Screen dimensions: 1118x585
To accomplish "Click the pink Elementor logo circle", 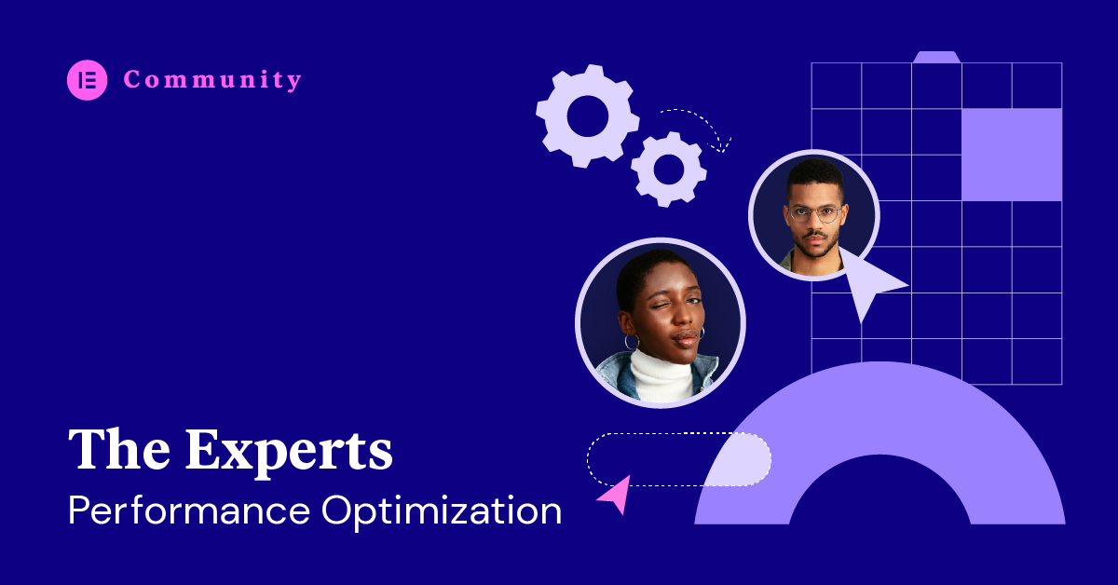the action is (x=88, y=80).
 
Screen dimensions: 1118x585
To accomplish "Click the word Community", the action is (x=212, y=80).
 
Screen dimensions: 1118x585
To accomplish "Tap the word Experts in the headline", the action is (x=289, y=452).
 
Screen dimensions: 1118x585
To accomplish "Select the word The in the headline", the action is (x=119, y=449).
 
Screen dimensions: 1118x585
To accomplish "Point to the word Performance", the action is (x=189, y=510).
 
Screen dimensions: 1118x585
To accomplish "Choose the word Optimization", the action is (x=442, y=511).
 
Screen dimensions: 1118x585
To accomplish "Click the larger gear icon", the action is (x=588, y=116).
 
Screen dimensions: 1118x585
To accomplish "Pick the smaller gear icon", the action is (x=669, y=170).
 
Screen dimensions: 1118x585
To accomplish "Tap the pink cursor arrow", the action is (x=617, y=494).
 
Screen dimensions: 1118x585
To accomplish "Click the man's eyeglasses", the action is (x=814, y=213).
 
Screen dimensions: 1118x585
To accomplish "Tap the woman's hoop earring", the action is (x=632, y=342).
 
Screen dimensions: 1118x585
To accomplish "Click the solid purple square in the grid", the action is (x=1012, y=155).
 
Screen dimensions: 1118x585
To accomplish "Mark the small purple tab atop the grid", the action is (x=937, y=57).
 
